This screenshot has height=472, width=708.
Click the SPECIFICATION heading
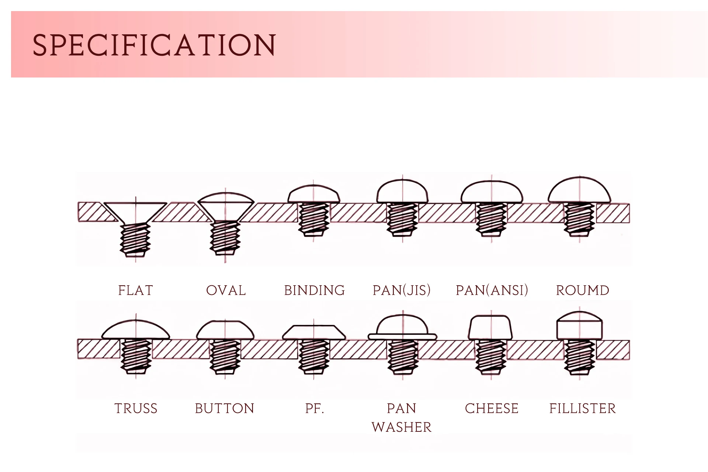coord(154,45)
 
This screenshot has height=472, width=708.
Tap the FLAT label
coord(135,290)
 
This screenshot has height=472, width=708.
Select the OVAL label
coord(226,290)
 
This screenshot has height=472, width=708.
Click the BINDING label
coord(314,290)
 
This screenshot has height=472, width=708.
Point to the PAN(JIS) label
coord(402,290)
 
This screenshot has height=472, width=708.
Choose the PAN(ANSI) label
coord(492,290)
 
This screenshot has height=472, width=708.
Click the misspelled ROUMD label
coord(582,290)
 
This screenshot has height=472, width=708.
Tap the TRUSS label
coord(136,409)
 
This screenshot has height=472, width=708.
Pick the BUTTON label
coord(225,409)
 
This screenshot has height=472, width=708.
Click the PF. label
coord(314,409)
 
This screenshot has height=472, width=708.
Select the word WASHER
coord(402,427)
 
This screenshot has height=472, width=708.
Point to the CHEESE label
coord(492,409)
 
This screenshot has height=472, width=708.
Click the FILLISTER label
coord(582,409)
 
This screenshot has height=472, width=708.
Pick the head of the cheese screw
coord(490,328)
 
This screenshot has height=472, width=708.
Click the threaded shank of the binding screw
coord(313,220)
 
